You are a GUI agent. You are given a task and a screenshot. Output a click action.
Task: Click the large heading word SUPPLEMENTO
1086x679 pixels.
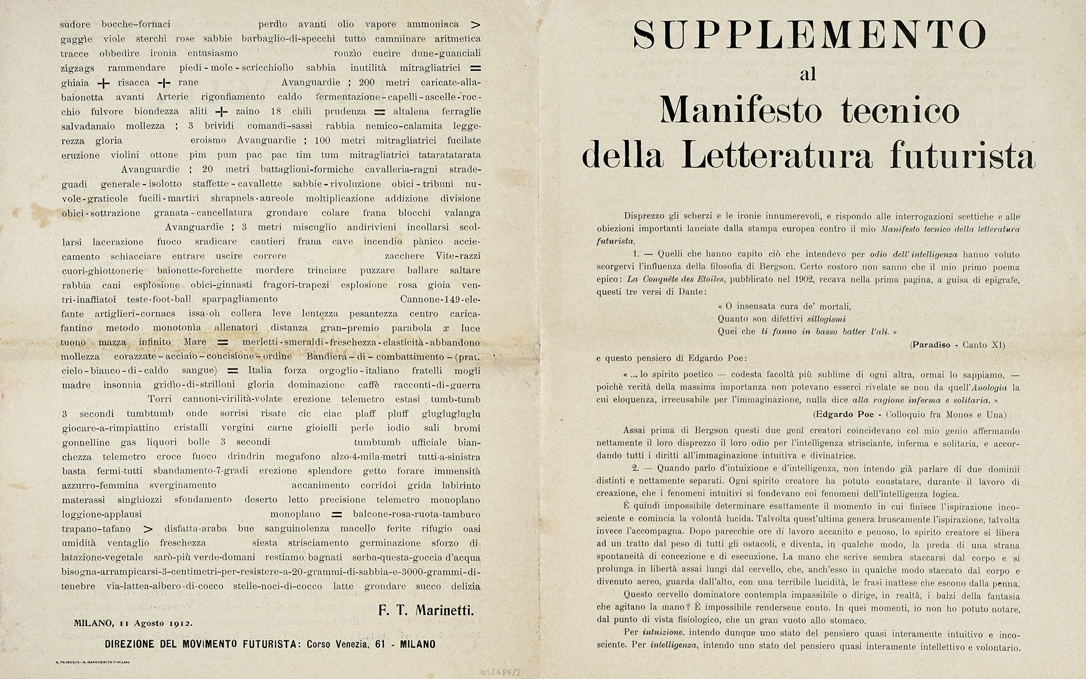click(809, 35)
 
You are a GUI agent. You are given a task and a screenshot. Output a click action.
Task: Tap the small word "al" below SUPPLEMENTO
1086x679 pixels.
click(808, 74)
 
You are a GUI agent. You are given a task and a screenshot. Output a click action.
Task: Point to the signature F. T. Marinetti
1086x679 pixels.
click(426, 611)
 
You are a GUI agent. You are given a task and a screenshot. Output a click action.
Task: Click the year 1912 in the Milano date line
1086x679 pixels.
click(180, 623)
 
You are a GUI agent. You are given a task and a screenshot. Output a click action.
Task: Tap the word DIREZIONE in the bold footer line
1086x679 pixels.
click(137, 645)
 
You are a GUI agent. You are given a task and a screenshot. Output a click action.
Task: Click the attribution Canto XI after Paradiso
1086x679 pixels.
click(983, 345)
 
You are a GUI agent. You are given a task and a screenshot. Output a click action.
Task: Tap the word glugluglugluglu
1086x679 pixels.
click(451, 414)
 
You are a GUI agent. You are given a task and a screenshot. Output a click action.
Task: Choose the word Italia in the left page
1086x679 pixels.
click(260, 370)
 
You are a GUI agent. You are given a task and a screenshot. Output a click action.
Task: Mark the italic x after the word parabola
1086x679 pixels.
click(446, 328)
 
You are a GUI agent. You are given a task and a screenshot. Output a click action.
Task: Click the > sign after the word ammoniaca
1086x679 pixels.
click(476, 24)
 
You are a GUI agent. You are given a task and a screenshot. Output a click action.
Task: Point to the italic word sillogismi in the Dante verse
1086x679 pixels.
click(826, 319)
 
